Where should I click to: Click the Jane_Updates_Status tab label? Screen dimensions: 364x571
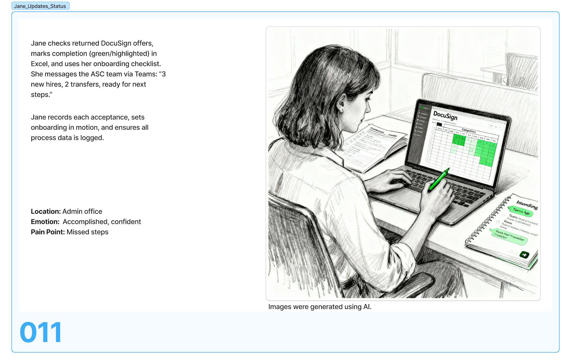pos(40,6)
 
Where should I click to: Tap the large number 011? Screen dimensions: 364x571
pos(41,332)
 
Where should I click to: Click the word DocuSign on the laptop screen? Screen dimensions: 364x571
pos(445,116)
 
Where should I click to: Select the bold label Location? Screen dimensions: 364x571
pos(46,212)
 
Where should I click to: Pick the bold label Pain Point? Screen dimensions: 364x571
pos(48,232)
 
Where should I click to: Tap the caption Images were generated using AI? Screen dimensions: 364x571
pos(319,307)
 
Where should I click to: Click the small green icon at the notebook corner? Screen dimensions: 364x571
pos(524,255)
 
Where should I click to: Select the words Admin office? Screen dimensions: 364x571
pos(82,212)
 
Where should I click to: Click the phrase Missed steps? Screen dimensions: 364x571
pos(87,232)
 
